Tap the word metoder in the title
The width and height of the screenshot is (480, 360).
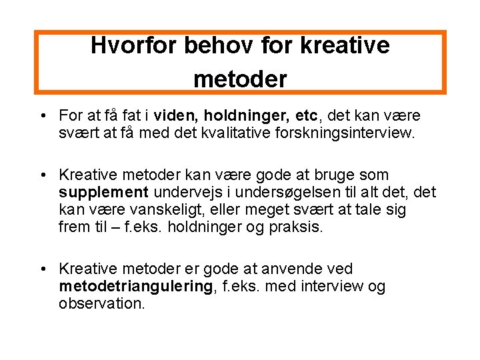(x=240, y=80)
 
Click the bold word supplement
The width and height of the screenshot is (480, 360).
(x=103, y=193)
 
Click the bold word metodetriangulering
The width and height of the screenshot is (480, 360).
(x=136, y=286)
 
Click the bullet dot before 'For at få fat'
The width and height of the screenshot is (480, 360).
(x=43, y=117)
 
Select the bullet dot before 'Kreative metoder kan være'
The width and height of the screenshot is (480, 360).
(x=43, y=176)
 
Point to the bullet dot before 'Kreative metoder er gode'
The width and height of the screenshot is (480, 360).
(x=43, y=269)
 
